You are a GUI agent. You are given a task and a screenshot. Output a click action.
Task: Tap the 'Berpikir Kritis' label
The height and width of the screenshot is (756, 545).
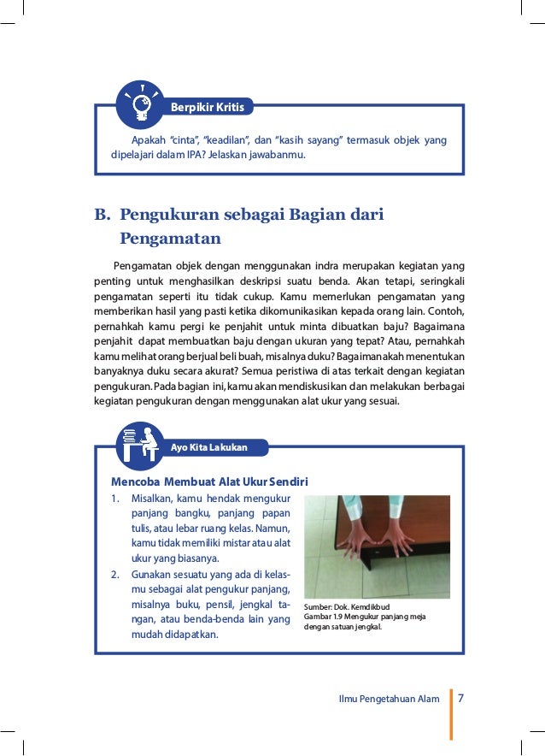click(x=208, y=107)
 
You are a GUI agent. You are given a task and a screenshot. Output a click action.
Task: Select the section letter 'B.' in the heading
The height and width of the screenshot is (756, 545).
click(x=102, y=214)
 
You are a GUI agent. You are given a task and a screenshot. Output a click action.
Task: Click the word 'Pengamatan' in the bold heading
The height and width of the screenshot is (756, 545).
click(x=171, y=238)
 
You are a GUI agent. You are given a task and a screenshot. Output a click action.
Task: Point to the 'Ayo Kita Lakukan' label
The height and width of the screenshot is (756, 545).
click(x=209, y=446)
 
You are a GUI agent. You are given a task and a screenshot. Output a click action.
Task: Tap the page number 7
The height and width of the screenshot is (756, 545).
click(x=461, y=698)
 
